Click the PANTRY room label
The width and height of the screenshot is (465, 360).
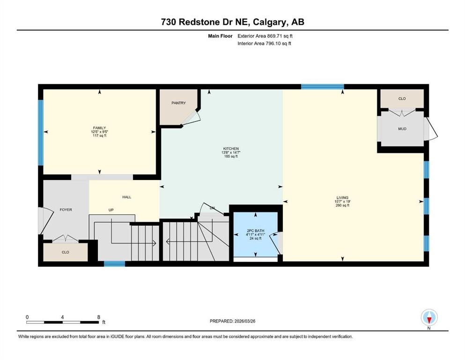[x=178, y=103]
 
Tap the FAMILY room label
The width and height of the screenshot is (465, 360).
[x=99, y=128]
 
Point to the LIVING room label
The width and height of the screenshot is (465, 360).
[x=341, y=197]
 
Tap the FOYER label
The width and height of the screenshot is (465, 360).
[x=66, y=210]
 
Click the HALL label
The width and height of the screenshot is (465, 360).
[x=126, y=197]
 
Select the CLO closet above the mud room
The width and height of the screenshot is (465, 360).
[x=402, y=98]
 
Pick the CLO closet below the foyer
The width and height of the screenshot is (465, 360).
[x=65, y=252]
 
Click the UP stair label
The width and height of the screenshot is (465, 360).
[x=111, y=210]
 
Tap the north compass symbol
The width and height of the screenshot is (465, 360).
[x=429, y=318]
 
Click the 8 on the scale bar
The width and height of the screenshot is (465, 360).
[x=98, y=317]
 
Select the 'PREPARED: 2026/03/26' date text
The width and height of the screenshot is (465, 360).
[x=233, y=321]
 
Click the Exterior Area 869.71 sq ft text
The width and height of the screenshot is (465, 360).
[x=266, y=36]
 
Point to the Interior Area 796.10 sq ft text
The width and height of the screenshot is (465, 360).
[x=265, y=44]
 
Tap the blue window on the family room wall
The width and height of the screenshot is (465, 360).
[x=41, y=132]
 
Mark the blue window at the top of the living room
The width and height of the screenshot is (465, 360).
[x=322, y=86]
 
